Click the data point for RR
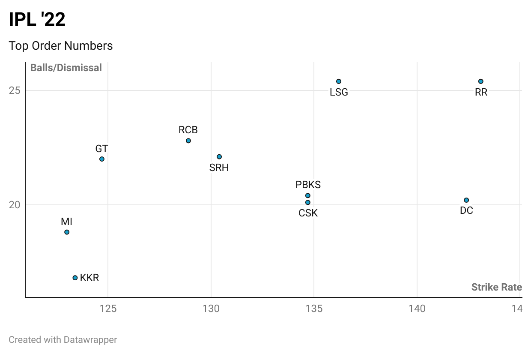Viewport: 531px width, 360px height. [x=481, y=81]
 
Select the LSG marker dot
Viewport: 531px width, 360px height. [x=339, y=81]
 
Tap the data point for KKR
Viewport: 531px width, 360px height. [x=75, y=278]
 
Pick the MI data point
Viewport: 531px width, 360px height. [x=67, y=232]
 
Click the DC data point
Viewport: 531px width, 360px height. [x=466, y=200]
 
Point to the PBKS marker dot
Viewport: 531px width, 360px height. [x=308, y=195]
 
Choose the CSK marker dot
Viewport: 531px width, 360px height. [x=308, y=202]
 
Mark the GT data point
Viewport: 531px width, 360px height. [x=102, y=159]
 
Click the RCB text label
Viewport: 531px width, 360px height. [x=188, y=130]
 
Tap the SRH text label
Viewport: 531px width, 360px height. [x=219, y=168]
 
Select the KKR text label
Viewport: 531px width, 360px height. [x=89, y=278]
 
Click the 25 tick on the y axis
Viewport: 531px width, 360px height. [x=15, y=90]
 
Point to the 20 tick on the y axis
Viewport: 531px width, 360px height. [x=15, y=205]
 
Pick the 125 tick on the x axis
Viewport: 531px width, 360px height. [x=108, y=309]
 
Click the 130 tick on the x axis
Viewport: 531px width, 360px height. [x=211, y=309]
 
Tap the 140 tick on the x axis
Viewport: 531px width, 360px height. [x=417, y=309]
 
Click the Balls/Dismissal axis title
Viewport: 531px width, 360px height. [x=66, y=68]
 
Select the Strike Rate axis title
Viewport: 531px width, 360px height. [x=496, y=287]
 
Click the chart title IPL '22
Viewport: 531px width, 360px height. [x=37, y=20]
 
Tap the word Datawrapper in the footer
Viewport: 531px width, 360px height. [x=90, y=340]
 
